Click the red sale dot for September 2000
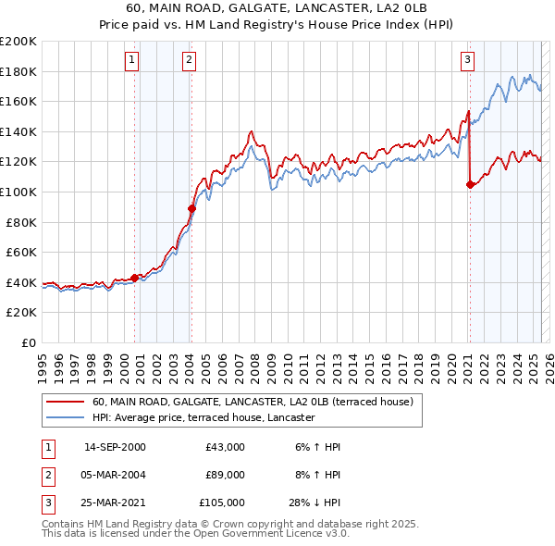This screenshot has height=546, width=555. click(x=135, y=277)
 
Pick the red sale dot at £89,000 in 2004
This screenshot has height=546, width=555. click(x=192, y=208)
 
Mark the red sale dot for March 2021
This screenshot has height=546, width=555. click(x=470, y=184)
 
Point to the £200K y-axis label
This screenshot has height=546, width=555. click(x=18, y=42)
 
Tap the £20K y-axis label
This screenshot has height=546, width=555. click(x=22, y=313)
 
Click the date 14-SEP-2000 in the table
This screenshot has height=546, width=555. click(x=115, y=447)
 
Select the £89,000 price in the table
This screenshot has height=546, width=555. click(x=226, y=475)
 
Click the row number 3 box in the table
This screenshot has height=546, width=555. click(x=46, y=503)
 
